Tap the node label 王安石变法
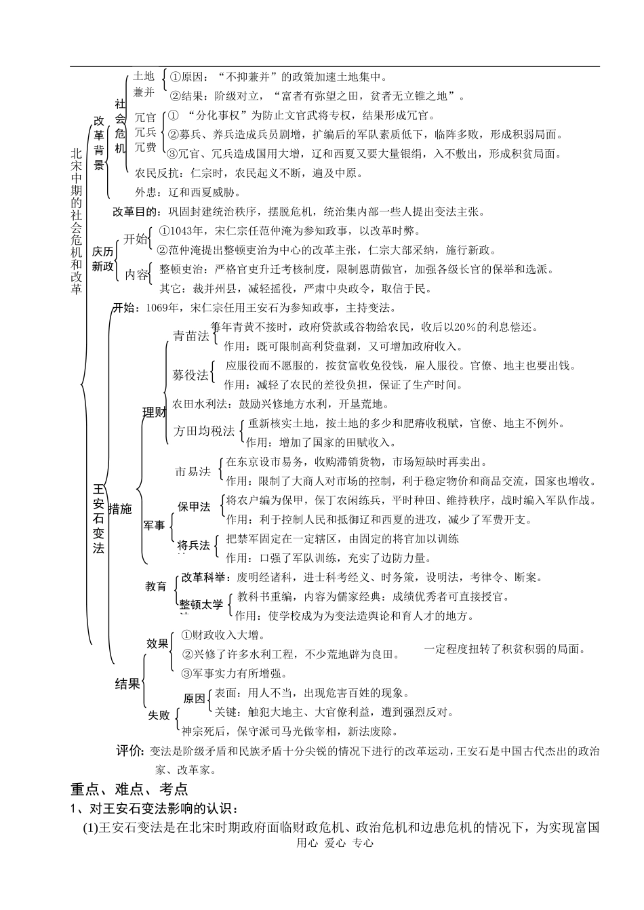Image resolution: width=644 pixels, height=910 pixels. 99,519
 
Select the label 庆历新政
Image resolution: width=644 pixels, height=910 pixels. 104,258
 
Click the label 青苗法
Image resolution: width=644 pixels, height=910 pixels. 191,336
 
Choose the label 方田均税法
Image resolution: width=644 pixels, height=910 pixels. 204,431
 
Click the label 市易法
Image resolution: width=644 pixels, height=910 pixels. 193,471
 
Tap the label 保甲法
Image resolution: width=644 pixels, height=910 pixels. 194,507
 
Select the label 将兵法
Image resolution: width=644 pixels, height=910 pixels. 194,545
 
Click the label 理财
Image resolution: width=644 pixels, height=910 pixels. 153,412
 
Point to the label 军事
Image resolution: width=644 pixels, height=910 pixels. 154,526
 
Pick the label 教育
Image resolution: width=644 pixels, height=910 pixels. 156,586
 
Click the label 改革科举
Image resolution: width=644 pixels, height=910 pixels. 203,577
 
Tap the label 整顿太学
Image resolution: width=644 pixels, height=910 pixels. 201,604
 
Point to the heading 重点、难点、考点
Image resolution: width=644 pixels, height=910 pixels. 129,789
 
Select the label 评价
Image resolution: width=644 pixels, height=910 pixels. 129,751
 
